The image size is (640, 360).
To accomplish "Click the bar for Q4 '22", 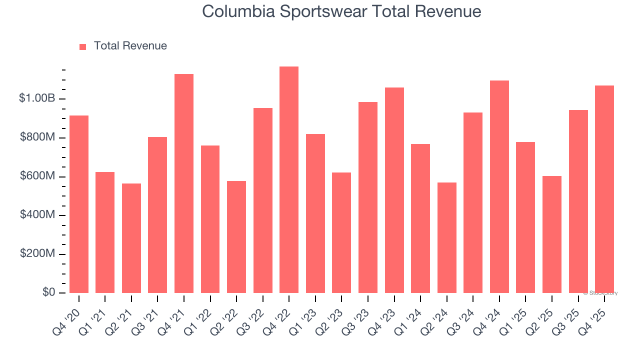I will [x=289, y=180].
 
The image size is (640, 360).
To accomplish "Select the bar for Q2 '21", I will [x=131, y=238].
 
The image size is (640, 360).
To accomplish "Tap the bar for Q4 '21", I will [x=184, y=183].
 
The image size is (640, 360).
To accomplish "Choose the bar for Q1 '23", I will [x=315, y=213].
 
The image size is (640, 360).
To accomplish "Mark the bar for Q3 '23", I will [x=368, y=197].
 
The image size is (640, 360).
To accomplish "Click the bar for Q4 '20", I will [x=79, y=204].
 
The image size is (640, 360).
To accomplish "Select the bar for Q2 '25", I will [x=552, y=234].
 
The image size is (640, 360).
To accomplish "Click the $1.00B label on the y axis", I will [x=37, y=98].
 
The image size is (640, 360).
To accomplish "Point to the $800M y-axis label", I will [x=37, y=137].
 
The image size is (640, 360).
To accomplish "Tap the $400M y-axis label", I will [x=37, y=215].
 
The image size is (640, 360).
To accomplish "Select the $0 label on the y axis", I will [x=48, y=292].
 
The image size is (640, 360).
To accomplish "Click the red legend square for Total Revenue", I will [x=83, y=46].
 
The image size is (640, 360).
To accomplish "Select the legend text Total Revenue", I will [x=130, y=46].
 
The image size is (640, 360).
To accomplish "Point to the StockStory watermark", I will [x=600, y=293].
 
